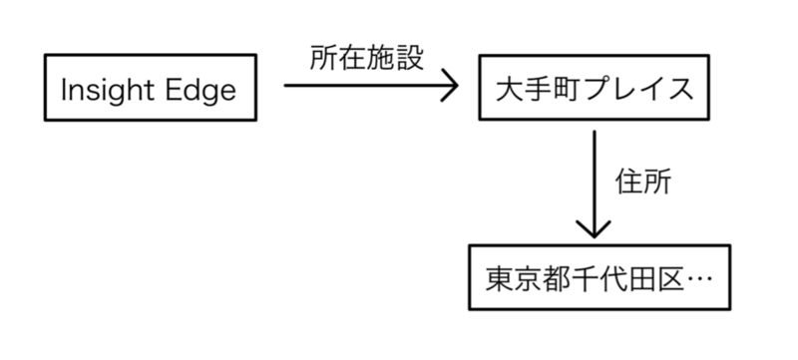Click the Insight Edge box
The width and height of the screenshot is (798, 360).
coord(148,91)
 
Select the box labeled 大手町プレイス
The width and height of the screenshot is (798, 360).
coord(595,91)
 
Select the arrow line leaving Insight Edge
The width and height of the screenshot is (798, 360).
coord(359,87)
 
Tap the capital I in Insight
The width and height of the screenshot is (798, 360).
coord(65,91)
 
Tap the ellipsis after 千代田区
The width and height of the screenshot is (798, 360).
coord(698,276)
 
